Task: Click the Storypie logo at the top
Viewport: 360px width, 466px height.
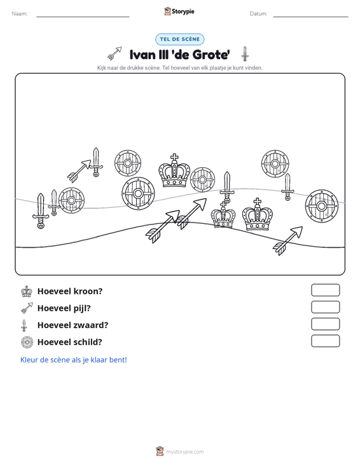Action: pyautogui.click(x=179, y=11)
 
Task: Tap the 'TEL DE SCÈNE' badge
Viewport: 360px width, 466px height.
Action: pyautogui.click(x=180, y=39)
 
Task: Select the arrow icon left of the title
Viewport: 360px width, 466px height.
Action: pyautogui.click(x=114, y=53)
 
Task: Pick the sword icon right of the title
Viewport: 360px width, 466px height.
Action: pyautogui.click(x=245, y=54)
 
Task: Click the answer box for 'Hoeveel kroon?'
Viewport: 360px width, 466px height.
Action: pyautogui.click(x=326, y=290)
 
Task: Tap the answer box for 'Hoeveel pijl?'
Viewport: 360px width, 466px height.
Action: pyautogui.click(x=326, y=307)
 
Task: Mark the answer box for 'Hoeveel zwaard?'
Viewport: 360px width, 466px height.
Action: pyautogui.click(x=326, y=324)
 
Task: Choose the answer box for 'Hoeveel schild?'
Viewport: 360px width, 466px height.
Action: pyautogui.click(x=326, y=341)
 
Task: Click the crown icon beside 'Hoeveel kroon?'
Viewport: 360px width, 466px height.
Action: pyautogui.click(x=27, y=291)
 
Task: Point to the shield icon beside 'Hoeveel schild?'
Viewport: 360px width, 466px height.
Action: pyautogui.click(x=27, y=342)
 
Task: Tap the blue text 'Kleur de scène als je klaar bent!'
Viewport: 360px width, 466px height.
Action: pyautogui.click(x=73, y=360)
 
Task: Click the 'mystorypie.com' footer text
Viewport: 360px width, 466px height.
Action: pyautogui.click(x=185, y=452)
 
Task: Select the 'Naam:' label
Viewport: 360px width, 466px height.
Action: pyautogui.click(x=20, y=14)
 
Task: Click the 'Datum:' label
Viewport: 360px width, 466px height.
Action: pyautogui.click(x=258, y=14)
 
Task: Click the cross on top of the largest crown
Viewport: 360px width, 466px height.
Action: pyautogui.click(x=174, y=158)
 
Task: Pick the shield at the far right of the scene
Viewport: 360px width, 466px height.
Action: pyautogui.click(x=322, y=206)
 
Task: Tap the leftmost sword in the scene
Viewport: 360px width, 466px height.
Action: pyautogui.click(x=41, y=210)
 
